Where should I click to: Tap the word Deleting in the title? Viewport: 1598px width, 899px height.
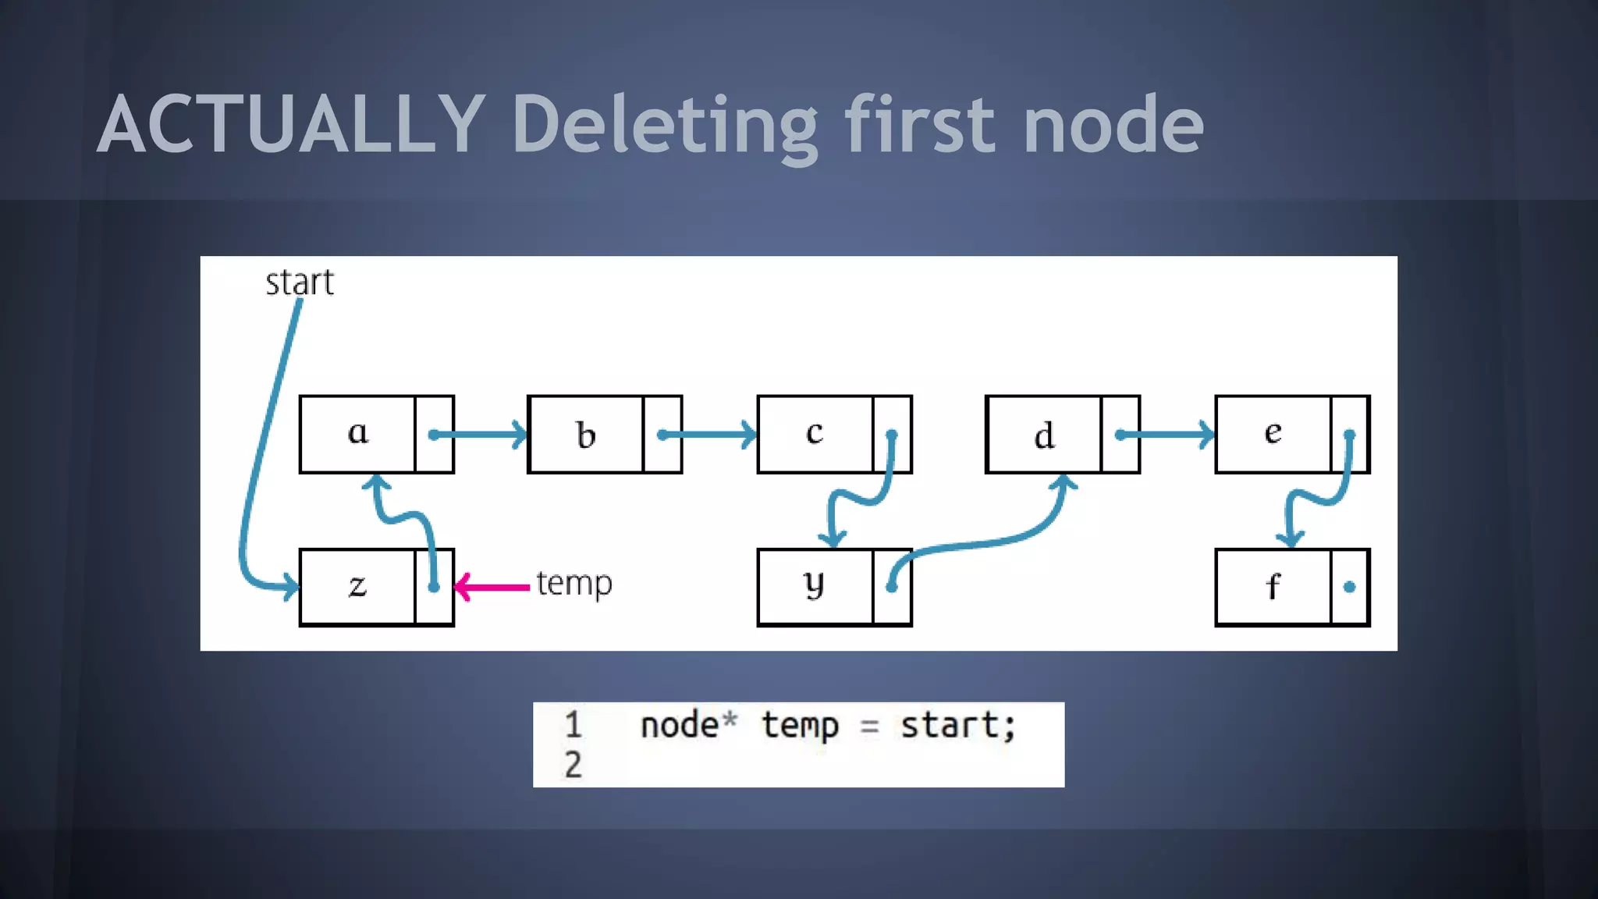tap(664, 125)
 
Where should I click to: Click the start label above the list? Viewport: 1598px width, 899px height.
tap(300, 282)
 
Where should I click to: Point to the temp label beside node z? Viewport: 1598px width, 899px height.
tap(574, 584)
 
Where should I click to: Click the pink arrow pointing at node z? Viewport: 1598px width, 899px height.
tap(492, 587)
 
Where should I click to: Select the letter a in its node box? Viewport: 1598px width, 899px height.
tap(357, 432)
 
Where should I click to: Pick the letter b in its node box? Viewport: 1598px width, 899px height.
tap(586, 435)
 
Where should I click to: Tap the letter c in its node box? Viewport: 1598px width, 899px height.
tap(815, 433)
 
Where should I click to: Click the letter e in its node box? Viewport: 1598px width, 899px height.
tap(1273, 432)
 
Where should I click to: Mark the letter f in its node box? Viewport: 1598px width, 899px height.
tap(1273, 586)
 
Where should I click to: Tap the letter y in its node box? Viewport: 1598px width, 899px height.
tap(814, 585)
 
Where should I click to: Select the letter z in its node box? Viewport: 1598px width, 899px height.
tap(357, 586)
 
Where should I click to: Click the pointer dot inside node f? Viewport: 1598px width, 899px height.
tap(1350, 587)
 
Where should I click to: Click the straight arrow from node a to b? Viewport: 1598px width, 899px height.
tap(479, 435)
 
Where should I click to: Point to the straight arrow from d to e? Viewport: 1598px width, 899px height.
tap(1167, 435)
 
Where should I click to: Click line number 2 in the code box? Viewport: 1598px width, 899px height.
tap(573, 765)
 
